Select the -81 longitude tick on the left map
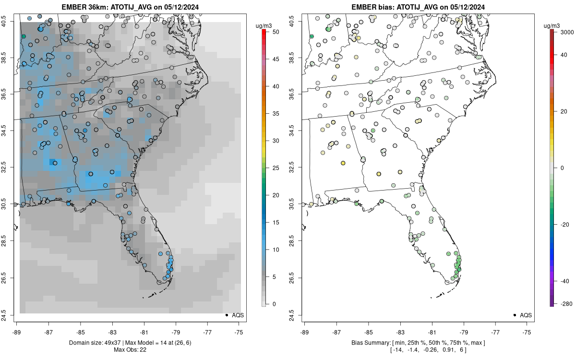[144, 331]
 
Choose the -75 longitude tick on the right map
[527, 331]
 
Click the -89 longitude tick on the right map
[305, 331]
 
